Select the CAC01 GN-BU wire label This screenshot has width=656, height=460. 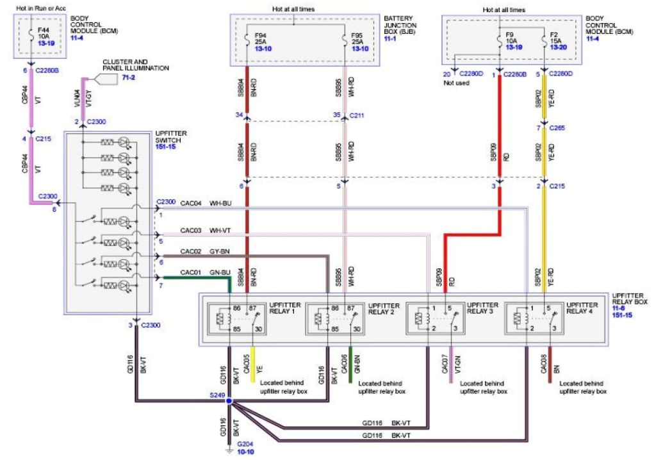(x=201, y=272)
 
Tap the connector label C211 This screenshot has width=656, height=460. (x=356, y=116)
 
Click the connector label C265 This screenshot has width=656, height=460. (x=558, y=128)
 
